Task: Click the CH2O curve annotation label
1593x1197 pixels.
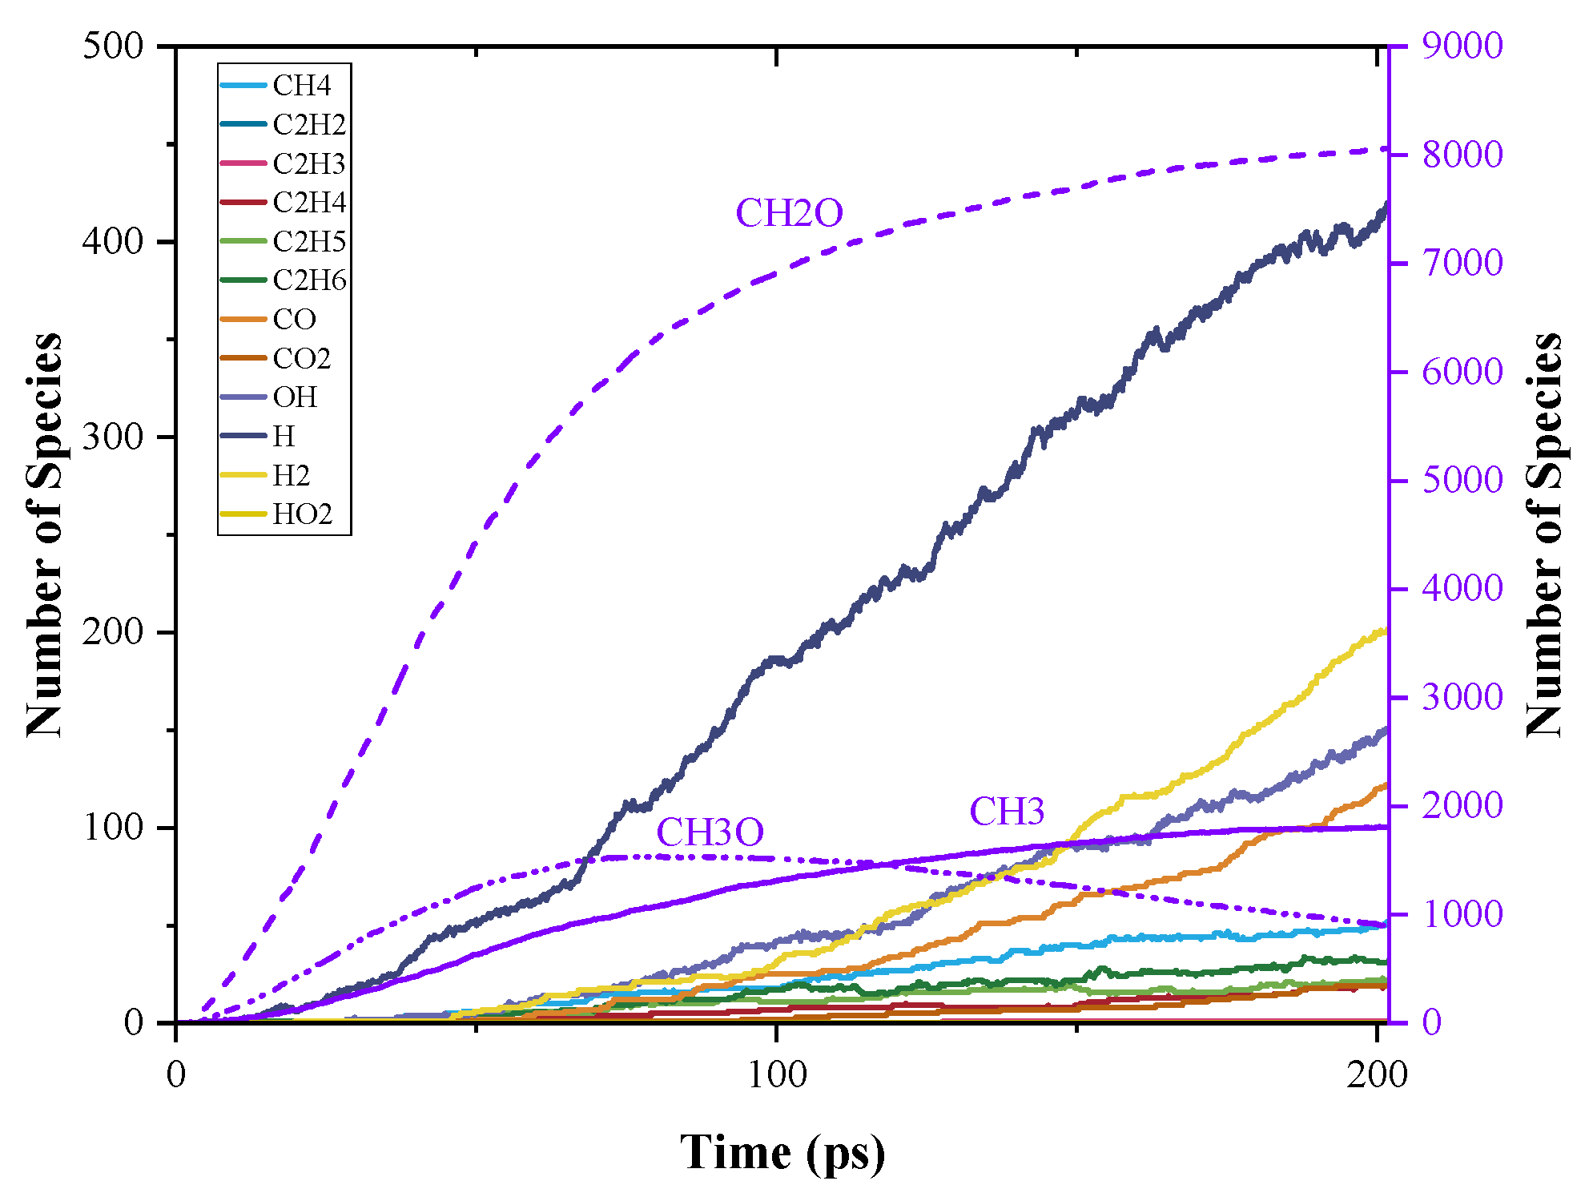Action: [789, 214]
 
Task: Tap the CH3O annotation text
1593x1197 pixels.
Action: [710, 833]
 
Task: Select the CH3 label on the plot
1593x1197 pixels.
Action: [1007, 812]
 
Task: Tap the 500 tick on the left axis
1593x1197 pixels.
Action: [113, 46]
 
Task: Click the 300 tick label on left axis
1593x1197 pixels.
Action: [113, 437]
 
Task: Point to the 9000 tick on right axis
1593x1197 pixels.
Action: [1462, 46]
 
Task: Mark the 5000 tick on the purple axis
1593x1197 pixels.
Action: [1462, 481]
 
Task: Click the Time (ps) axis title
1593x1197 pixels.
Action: [782, 1154]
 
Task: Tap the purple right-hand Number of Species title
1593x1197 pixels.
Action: [1545, 534]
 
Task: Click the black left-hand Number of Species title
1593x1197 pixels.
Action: [44, 534]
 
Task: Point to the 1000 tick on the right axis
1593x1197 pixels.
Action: [1462, 915]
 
